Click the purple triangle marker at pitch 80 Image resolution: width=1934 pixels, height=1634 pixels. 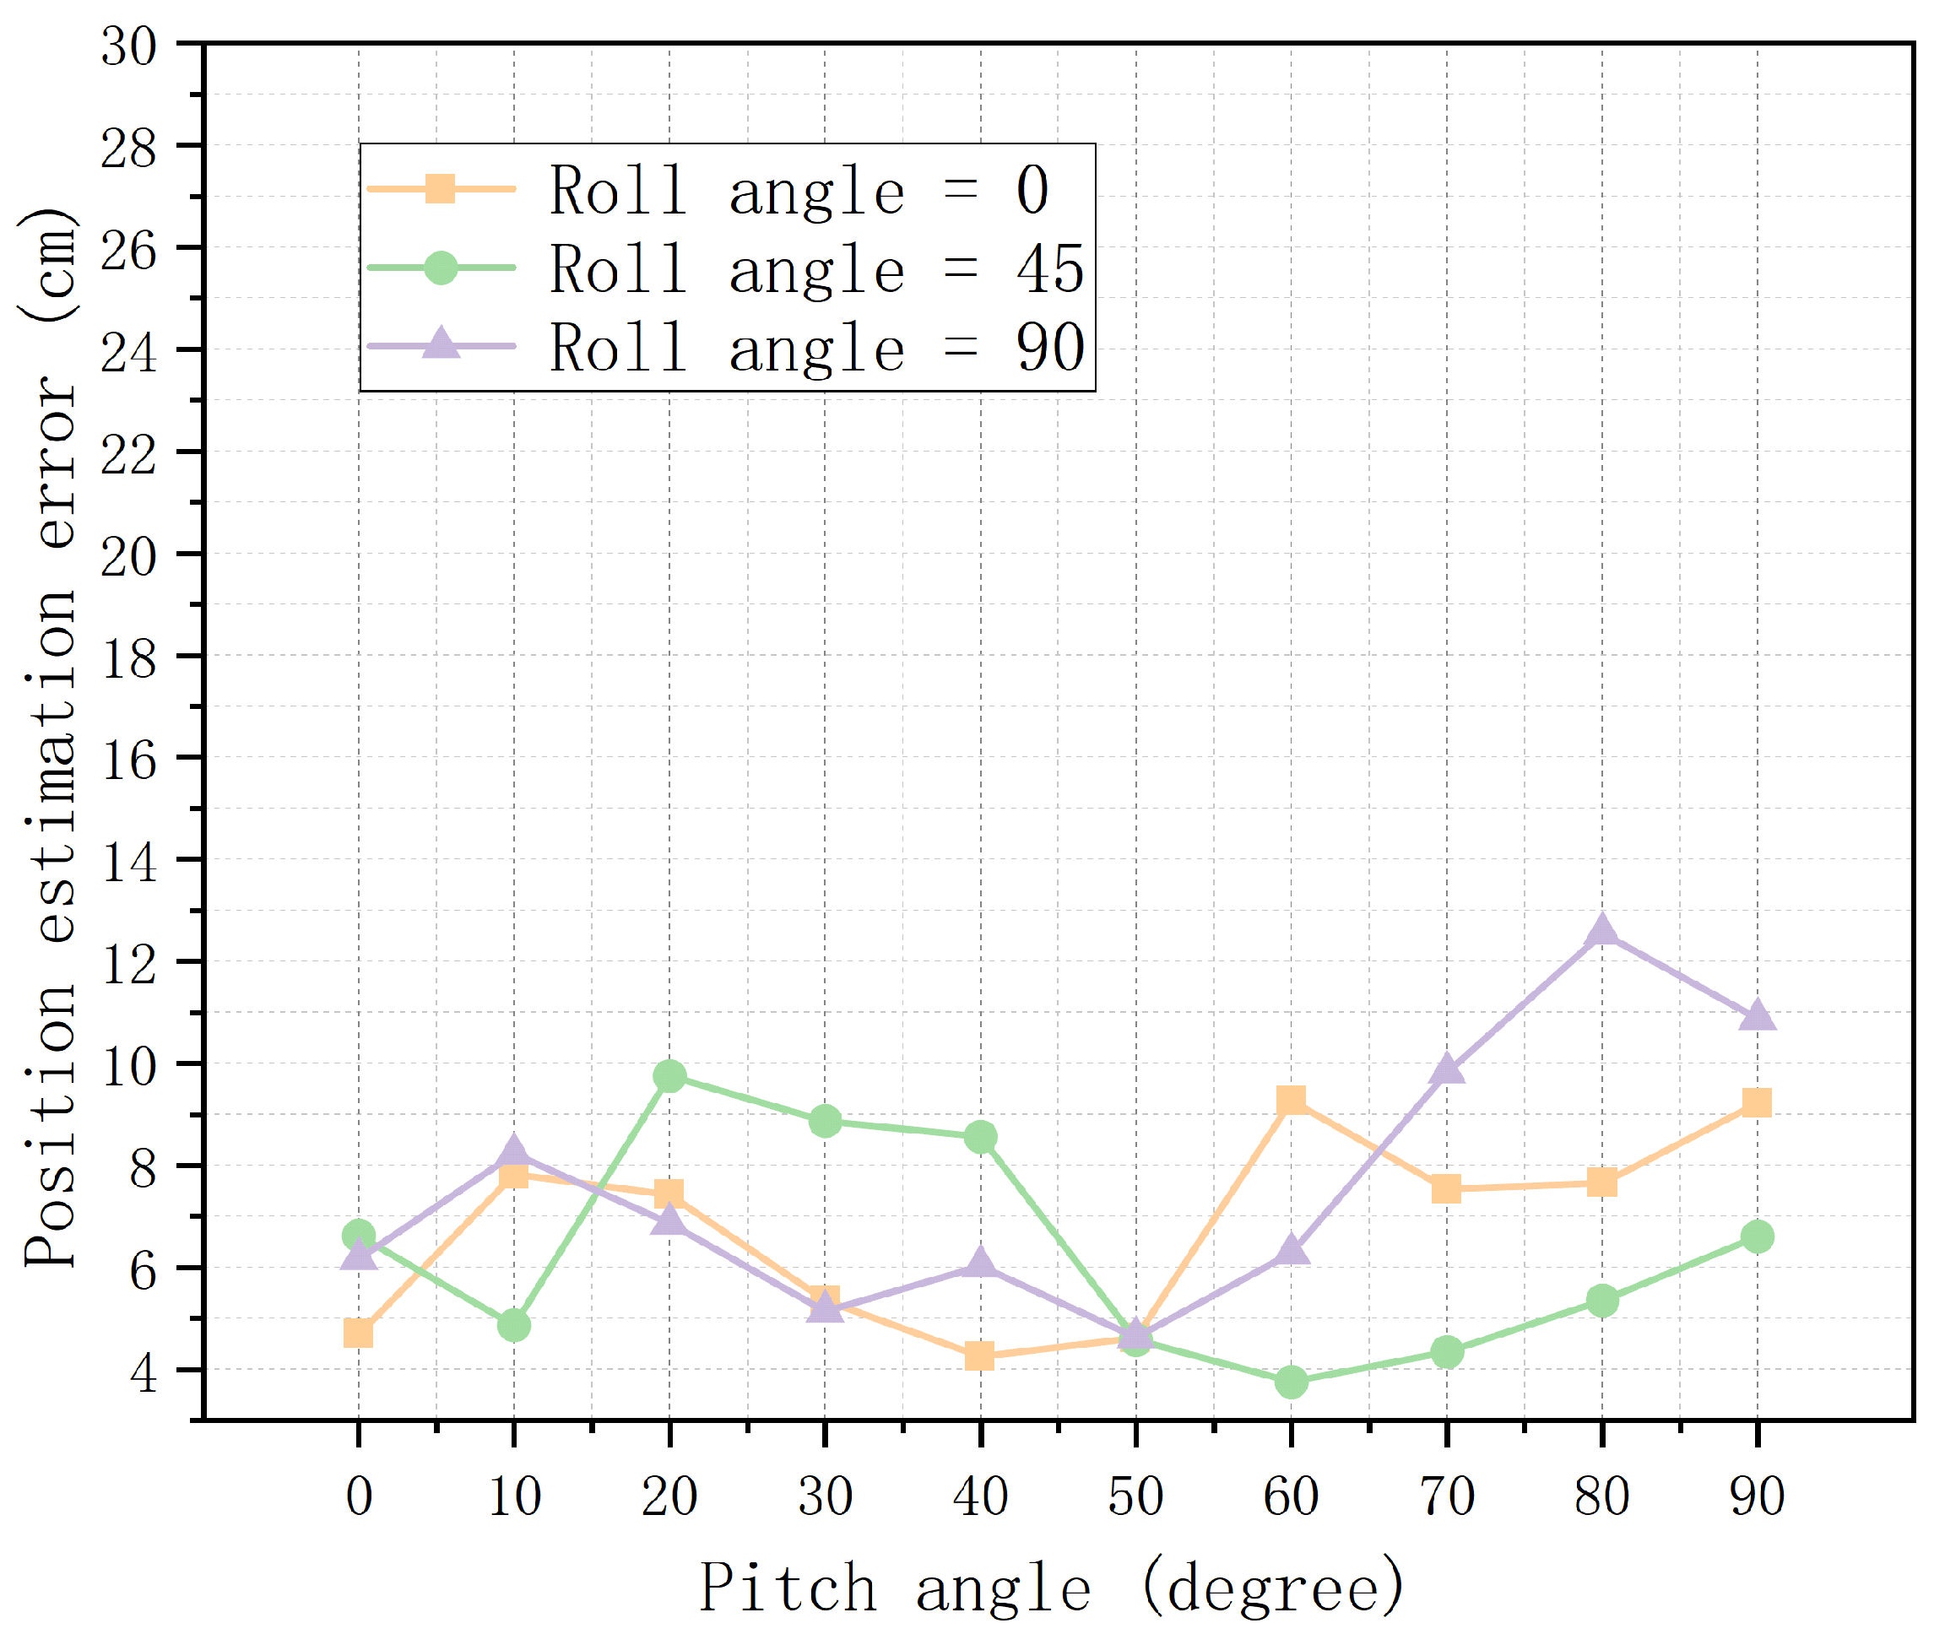(x=1601, y=931)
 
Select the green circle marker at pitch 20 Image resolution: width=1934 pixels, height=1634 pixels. (x=669, y=1076)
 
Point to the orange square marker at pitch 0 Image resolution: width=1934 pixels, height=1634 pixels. (x=359, y=1334)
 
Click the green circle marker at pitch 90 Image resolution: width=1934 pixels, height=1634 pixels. (x=1757, y=1236)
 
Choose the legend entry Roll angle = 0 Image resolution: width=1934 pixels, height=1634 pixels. (x=799, y=190)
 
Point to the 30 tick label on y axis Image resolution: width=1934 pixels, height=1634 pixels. (x=129, y=46)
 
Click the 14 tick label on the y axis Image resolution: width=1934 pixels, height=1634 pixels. (x=129, y=863)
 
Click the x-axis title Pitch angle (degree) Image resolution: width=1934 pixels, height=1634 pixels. (x=1051, y=1588)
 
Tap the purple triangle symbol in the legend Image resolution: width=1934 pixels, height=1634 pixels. (x=441, y=344)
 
